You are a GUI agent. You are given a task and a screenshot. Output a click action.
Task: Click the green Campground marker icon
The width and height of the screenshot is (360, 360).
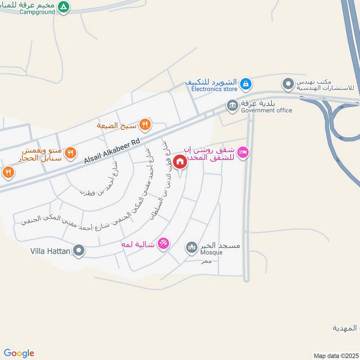(64, 7)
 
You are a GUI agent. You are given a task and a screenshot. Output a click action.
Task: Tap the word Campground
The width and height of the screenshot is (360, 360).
(37, 12)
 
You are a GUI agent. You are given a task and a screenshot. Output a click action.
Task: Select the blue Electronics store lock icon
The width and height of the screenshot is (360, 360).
(245, 83)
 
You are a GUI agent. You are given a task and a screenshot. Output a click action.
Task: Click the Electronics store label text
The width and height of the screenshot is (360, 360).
(214, 89)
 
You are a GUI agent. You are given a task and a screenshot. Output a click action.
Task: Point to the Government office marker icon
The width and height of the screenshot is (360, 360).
(232, 105)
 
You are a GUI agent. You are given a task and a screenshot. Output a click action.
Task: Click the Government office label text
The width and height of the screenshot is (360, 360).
(266, 110)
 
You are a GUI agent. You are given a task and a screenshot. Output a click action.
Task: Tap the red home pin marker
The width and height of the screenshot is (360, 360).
(180, 162)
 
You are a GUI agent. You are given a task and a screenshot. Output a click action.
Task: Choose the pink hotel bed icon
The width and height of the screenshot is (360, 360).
(243, 153)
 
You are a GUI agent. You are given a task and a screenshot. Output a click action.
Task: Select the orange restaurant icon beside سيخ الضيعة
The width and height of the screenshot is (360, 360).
(144, 125)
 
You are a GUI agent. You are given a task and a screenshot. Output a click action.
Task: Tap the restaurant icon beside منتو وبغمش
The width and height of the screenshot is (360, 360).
(70, 153)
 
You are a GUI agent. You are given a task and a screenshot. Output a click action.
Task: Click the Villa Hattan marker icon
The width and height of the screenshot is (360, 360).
(79, 250)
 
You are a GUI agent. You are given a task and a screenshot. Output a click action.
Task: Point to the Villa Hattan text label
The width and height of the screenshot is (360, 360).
(50, 251)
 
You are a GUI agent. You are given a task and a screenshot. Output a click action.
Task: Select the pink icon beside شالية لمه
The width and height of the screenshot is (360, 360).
(164, 243)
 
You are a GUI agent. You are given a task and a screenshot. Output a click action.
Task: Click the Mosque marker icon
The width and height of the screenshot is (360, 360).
(192, 247)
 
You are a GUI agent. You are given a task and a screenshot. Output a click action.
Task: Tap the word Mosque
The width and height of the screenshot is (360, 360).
(211, 252)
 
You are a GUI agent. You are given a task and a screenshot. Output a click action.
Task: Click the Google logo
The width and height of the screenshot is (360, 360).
(19, 353)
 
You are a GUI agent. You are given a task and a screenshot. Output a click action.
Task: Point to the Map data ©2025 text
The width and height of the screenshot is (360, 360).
(335, 355)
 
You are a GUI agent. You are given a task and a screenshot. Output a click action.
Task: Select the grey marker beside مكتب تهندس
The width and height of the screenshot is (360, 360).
(288, 83)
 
